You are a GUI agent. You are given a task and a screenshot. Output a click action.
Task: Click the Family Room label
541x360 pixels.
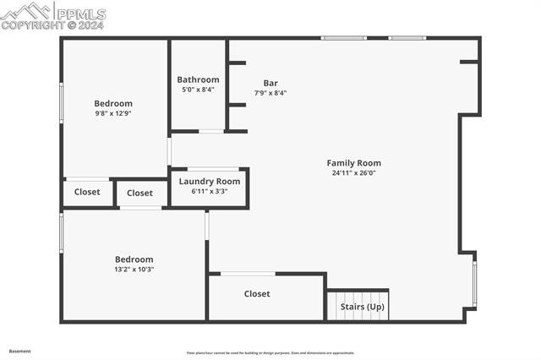[x=353, y=163]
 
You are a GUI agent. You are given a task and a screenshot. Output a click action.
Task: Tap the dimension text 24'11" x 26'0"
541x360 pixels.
[x=353, y=173]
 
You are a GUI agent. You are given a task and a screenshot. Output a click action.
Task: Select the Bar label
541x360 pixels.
[x=270, y=83]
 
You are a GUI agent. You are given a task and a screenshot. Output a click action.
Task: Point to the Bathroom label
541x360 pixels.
[x=198, y=79]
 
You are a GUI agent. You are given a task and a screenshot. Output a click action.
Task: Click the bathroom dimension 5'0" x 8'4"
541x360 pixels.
[x=198, y=90]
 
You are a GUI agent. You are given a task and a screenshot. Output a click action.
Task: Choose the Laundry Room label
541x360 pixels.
[x=209, y=181]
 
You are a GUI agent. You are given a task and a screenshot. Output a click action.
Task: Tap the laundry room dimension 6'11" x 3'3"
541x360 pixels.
[x=209, y=191]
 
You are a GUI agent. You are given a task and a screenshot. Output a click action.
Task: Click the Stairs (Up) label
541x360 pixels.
[x=362, y=307]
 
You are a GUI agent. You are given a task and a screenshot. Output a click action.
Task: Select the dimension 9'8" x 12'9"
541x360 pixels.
[x=113, y=113]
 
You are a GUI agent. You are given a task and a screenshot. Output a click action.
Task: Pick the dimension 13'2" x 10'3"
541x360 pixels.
[x=134, y=270]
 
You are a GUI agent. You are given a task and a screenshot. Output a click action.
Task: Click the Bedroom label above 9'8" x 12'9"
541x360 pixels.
[x=113, y=103]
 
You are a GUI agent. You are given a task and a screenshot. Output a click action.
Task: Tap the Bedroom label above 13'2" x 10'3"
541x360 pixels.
[x=134, y=259]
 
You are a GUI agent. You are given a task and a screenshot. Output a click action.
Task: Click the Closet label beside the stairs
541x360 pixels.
[x=257, y=294]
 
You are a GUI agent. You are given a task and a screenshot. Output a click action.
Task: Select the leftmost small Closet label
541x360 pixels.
[x=87, y=192]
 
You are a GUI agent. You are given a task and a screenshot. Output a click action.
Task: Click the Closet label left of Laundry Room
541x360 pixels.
[x=140, y=193]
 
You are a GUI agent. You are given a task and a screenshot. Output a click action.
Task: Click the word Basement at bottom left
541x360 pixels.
[x=19, y=351]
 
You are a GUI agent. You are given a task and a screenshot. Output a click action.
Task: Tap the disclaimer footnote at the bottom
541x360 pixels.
[x=270, y=353]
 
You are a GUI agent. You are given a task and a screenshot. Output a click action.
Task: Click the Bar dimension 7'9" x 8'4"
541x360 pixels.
[x=270, y=93]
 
